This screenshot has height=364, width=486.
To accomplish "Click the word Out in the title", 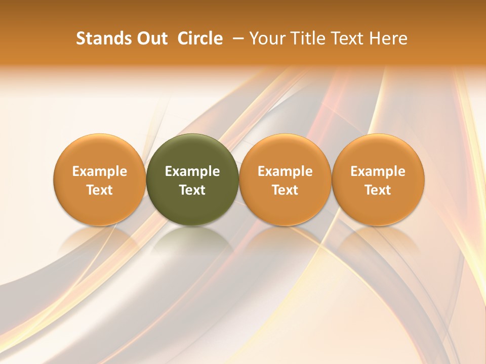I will tap(151, 38).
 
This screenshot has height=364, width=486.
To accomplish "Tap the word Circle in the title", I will tap(200, 38).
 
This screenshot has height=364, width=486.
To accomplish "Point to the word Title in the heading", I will tap(307, 38).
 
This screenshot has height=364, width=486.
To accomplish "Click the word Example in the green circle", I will tap(192, 172).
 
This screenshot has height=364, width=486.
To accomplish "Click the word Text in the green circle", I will tap(192, 190).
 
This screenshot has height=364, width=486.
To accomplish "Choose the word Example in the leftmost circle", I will tap(99, 172).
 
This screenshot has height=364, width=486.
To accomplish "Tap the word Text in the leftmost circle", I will tap(99, 190).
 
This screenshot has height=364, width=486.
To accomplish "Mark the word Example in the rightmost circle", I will tap(378, 172).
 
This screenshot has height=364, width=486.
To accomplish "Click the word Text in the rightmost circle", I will tap(378, 190).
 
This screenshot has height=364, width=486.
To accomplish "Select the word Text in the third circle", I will tap(285, 190).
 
